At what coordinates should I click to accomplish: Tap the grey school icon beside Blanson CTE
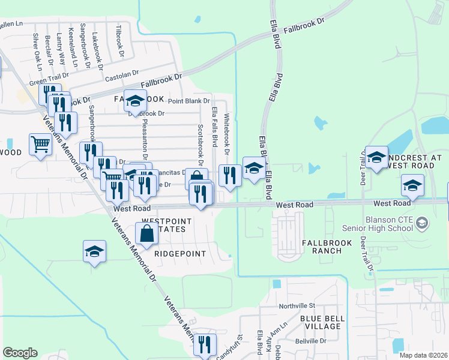[x=423, y=224]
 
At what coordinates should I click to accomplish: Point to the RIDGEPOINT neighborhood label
[x=180, y=254]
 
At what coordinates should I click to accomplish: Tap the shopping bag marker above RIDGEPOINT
[x=147, y=234]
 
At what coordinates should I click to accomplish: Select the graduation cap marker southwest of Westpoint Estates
[x=95, y=251]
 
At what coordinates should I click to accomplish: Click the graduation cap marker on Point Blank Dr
[x=136, y=101]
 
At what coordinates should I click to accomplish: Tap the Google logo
[x=20, y=353]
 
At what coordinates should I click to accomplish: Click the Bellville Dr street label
[x=310, y=340]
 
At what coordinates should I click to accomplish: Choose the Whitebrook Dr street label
[x=227, y=136]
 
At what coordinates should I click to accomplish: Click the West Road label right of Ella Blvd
[x=295, y=205]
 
